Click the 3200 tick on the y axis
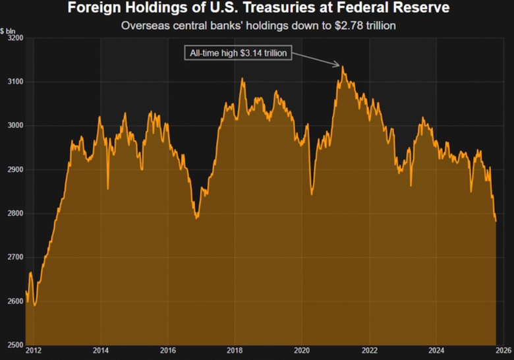(x=15, y=38)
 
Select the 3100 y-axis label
(x=15, y=82)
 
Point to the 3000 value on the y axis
(x=15, y=125)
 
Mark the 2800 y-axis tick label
(x=15, y=214)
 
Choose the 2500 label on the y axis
(x=15, y=345)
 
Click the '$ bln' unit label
(x=9, y=30)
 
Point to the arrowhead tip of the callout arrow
(x=341, y=66)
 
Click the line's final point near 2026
(x=496, y=222)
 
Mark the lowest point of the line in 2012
(x=34, y=305)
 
